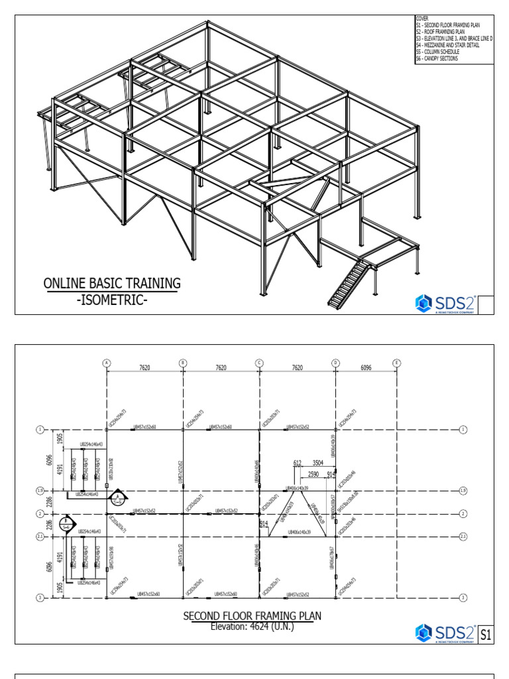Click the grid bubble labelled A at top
coord(107,363)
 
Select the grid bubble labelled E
coord(396,363)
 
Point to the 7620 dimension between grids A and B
coord(144,367)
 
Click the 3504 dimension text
coord(318,463)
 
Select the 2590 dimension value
coord(313,474)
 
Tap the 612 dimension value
coord(297,463)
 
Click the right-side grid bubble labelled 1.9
coord(463,491)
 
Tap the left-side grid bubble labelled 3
coord(39,597)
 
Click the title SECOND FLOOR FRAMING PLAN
coord(252,616)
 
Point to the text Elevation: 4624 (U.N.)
coord(252,625)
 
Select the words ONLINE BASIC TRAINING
coord(112,284)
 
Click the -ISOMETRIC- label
coord(112,300)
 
